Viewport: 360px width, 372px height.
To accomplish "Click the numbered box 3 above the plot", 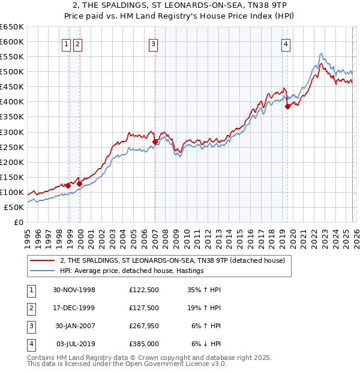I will click(154, 43).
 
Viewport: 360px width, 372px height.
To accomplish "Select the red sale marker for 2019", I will click(287, 106).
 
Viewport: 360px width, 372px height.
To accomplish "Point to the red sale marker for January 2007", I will click(155, 142).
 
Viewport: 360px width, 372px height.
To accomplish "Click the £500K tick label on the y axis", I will click(12, 72).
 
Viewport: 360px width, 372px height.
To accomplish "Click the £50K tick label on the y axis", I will click(14, 207).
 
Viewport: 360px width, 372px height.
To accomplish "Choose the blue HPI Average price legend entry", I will click(132, 271).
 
